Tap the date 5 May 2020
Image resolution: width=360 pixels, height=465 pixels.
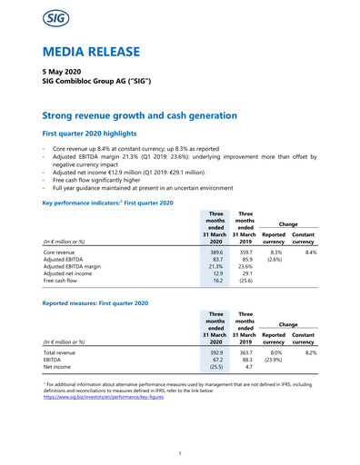[65, 73]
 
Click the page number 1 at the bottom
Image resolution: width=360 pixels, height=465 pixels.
[180, 451]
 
